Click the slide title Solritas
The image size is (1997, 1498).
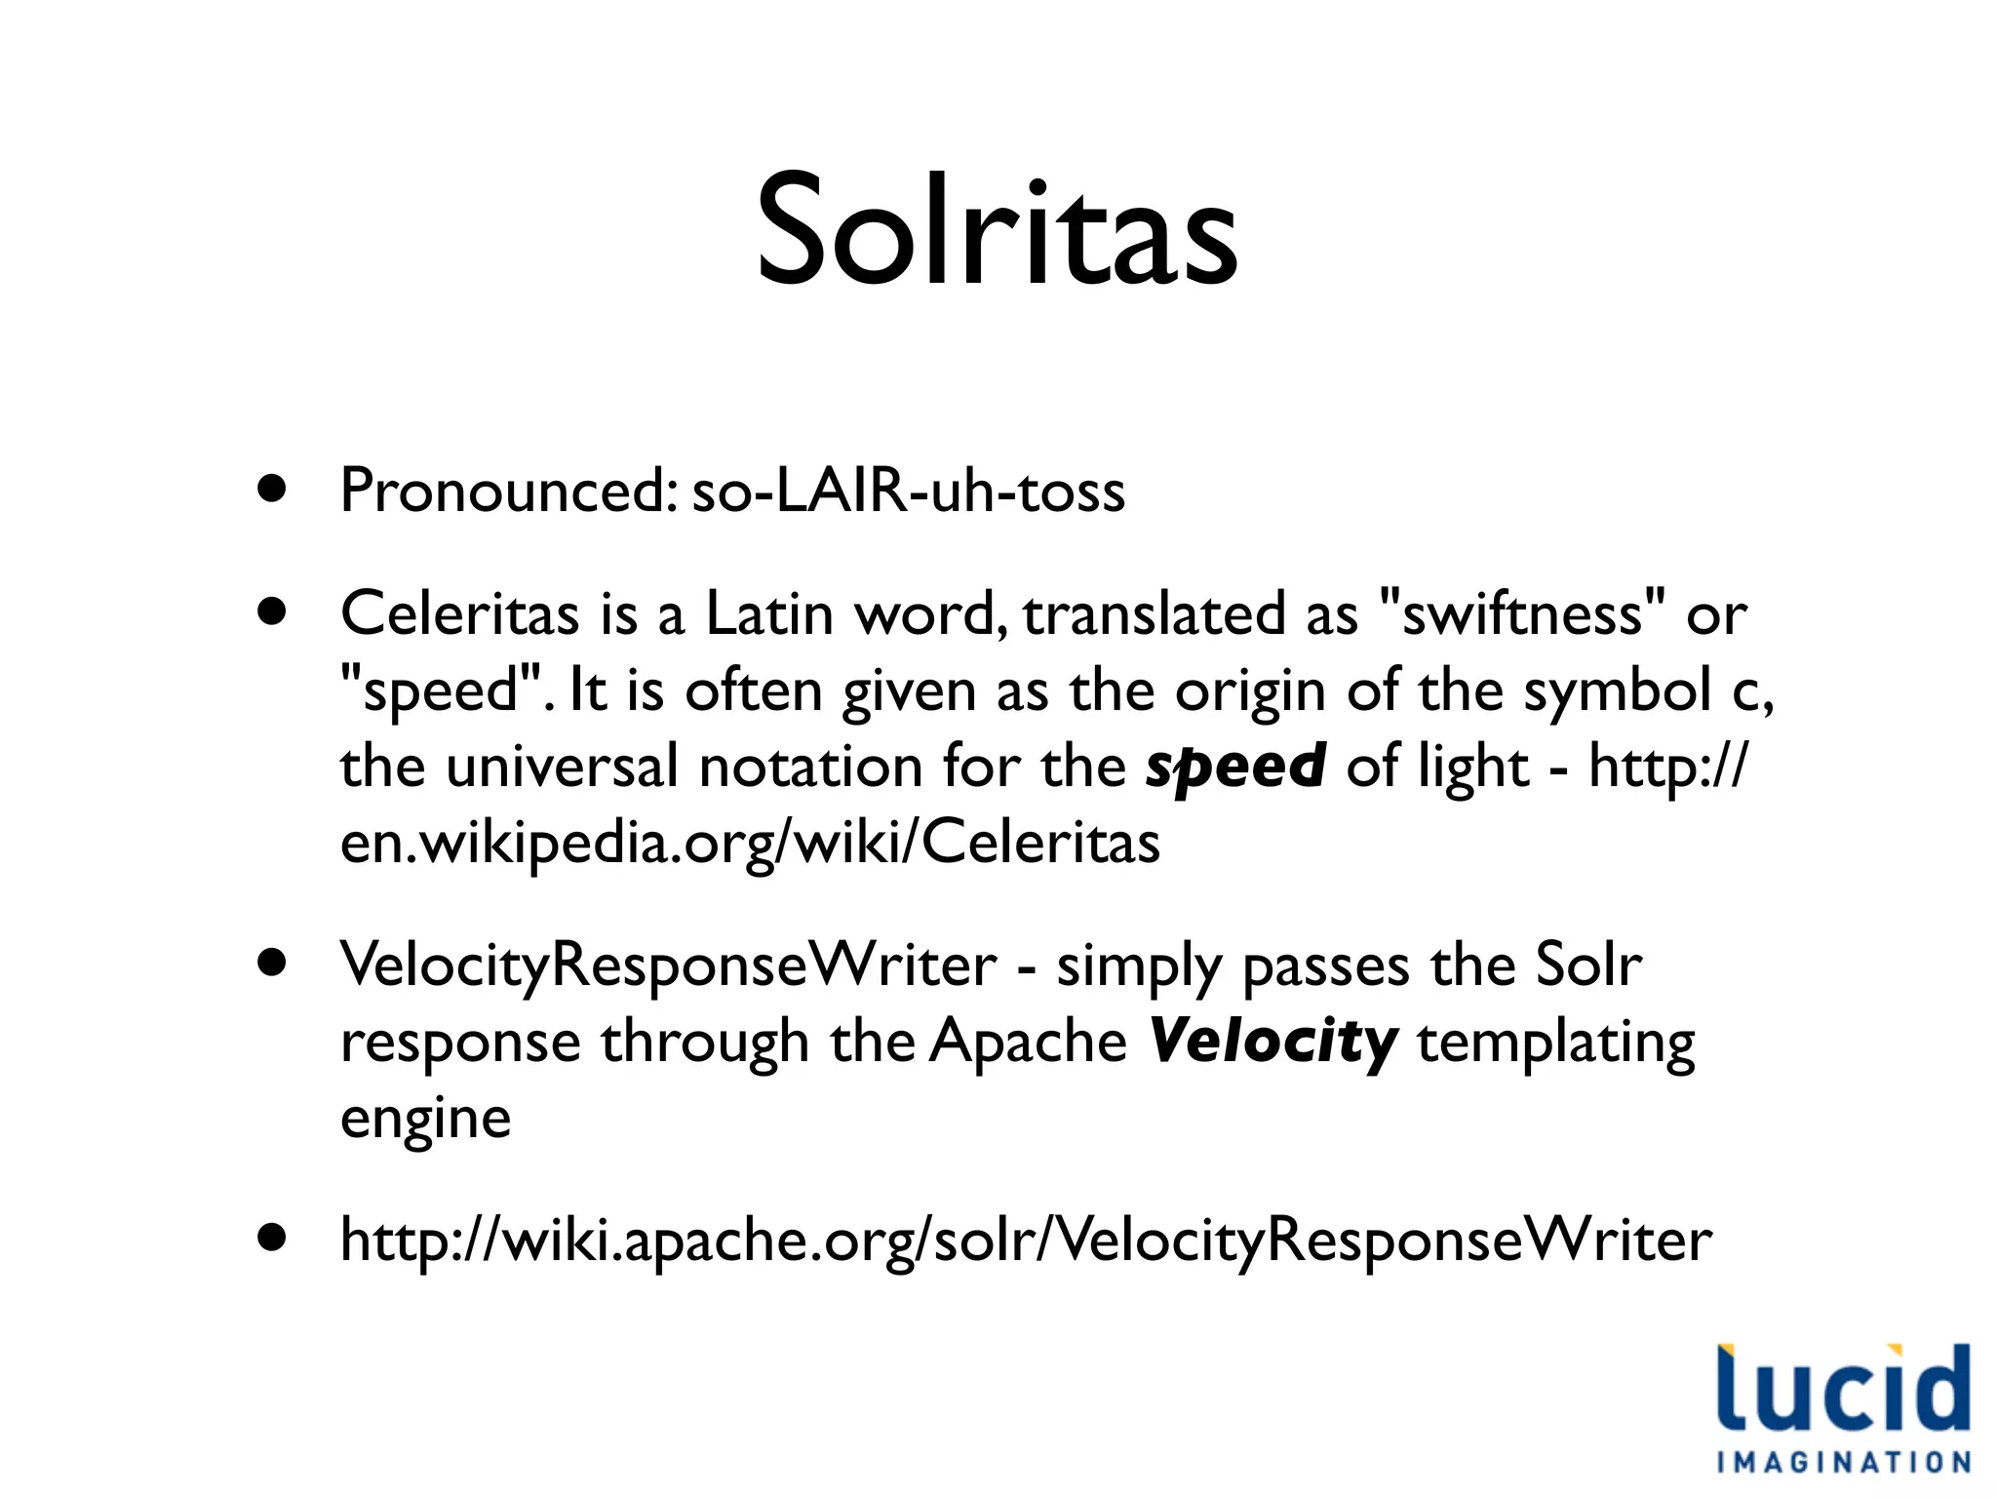(997, 232)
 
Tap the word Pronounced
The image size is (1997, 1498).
(507, 491)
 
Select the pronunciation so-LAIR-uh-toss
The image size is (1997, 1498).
(908, 491)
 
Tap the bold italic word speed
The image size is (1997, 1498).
(1234, 766)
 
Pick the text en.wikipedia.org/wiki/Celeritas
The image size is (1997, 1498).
(750, 842)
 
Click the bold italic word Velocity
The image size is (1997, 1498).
(1273, 1042)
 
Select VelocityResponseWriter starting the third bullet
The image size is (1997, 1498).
(668, 966)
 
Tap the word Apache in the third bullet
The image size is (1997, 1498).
(1028, 1042)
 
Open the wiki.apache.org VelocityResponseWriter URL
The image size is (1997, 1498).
(1026, 1241)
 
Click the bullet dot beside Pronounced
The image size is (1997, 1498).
(273, 489)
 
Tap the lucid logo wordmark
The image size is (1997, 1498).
(1843, 1388)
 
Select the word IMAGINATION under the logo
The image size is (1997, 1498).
(1843, 1462)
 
